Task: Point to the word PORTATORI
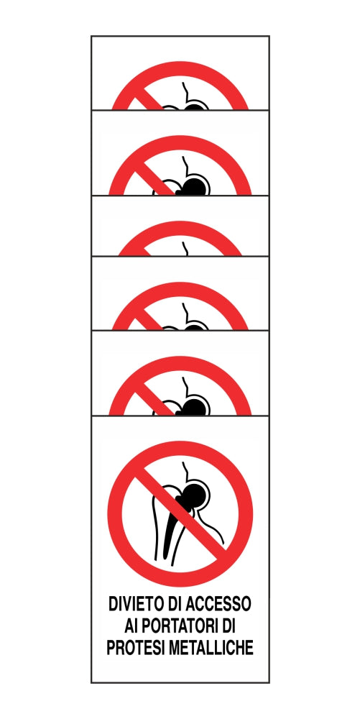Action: [x=178, y=626]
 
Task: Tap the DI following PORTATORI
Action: [x=228, y=626]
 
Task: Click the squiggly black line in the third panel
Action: [x=185, y=248]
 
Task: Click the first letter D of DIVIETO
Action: [x=113, y=603]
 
